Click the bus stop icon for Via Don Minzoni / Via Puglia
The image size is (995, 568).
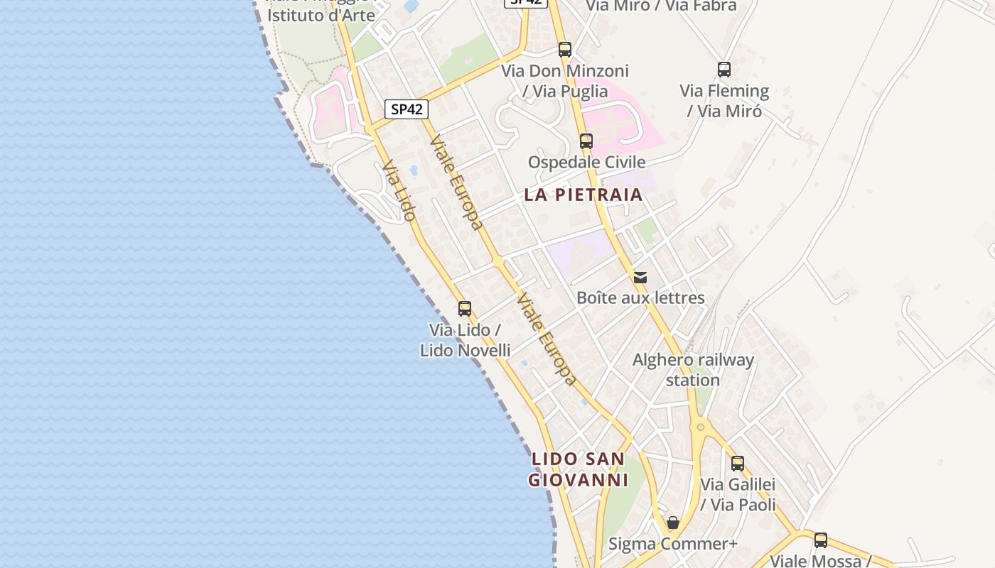tap(565, 50)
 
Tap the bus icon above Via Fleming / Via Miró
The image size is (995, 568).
tap(724, 70)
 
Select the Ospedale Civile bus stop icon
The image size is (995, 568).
tap(586, 141)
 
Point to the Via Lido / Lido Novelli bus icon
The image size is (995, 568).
tap(465, 309)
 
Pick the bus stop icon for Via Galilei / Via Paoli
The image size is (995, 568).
tap(738, 464)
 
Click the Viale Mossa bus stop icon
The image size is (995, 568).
tap(821, 540)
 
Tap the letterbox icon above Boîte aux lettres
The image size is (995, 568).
tap(640, 277)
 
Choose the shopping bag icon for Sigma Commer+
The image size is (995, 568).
tap(673, 523)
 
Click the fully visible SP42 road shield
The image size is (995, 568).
tap(407, 109)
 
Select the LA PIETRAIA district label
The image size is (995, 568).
tap(583, 195)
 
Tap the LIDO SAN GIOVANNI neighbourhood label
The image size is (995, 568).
tap(579, 469)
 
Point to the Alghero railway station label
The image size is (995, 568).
tap(693, 370)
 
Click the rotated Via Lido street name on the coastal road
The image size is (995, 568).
tap(399, 191)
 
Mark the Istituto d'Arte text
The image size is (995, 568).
tap(321, 15)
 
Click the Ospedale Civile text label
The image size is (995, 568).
tap(586, 162)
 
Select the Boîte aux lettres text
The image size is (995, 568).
tap(640, 297)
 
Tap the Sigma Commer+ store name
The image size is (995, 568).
tap(673, 544)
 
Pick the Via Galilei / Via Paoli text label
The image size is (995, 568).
tap(738, 494)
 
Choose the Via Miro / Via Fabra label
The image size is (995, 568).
tap(661, 6)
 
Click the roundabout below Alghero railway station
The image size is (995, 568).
tap(701, 427)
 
